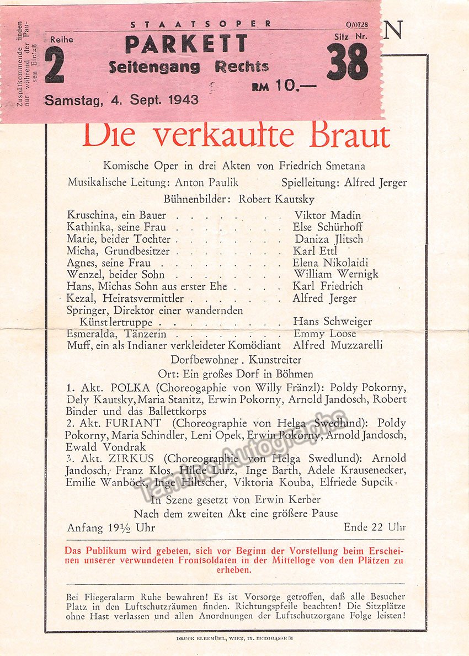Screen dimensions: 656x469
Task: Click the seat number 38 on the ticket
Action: point(347,62)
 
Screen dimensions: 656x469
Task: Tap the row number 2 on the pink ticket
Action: point(54,65)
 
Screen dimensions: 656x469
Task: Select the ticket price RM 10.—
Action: point(284,86)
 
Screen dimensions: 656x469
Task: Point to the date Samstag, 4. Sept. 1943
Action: point(121,100)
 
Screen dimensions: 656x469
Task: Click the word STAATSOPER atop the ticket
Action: point(201,24)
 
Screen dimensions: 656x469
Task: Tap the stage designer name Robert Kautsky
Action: point(276,199)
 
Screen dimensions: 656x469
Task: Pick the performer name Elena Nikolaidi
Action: point(331,263)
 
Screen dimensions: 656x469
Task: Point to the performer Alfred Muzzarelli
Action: point(338,346)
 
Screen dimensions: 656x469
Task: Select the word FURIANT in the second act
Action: point(136,423)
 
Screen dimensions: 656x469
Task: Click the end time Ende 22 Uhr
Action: point(375,527)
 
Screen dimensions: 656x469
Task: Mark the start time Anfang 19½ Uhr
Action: point(111,528)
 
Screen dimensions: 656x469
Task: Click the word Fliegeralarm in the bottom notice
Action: point(103,597)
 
